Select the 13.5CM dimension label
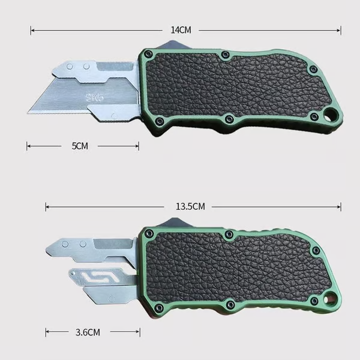point(191,206)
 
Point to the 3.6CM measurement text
point(88,331)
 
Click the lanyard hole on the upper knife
point(330,115)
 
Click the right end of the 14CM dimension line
point(341,29)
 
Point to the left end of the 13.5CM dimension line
point(46,206)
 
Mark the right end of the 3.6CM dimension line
point(139,331)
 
